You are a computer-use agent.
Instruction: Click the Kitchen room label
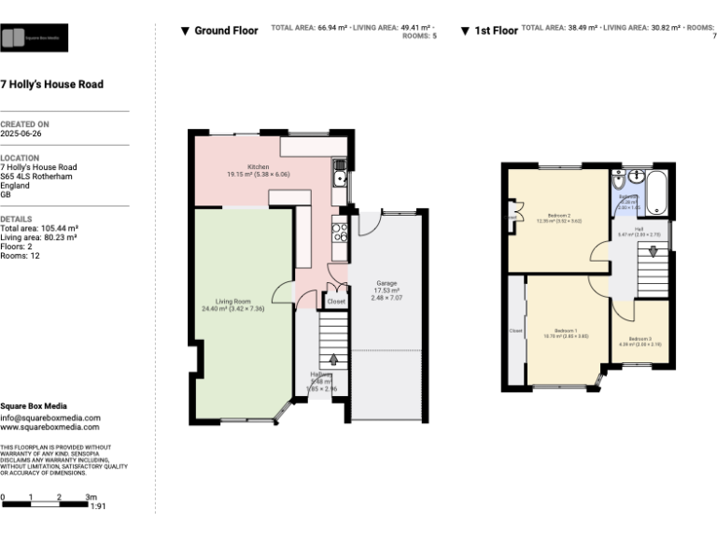click(259, 167)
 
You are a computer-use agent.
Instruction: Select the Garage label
click(387, 283)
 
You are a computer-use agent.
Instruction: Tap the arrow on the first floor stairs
click(654, 250)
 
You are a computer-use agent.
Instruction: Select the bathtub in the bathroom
click(656, 192)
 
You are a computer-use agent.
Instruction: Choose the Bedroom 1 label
click(566, 331)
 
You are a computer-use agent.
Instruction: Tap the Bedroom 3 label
click(640, 338)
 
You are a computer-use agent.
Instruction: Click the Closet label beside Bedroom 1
click(515, 331)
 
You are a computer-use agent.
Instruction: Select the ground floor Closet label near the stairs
click(336, 302)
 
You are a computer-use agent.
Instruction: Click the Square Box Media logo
click(34, 38)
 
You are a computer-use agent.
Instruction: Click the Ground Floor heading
click(226, 31)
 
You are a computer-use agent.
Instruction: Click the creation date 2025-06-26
click(21, 134)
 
